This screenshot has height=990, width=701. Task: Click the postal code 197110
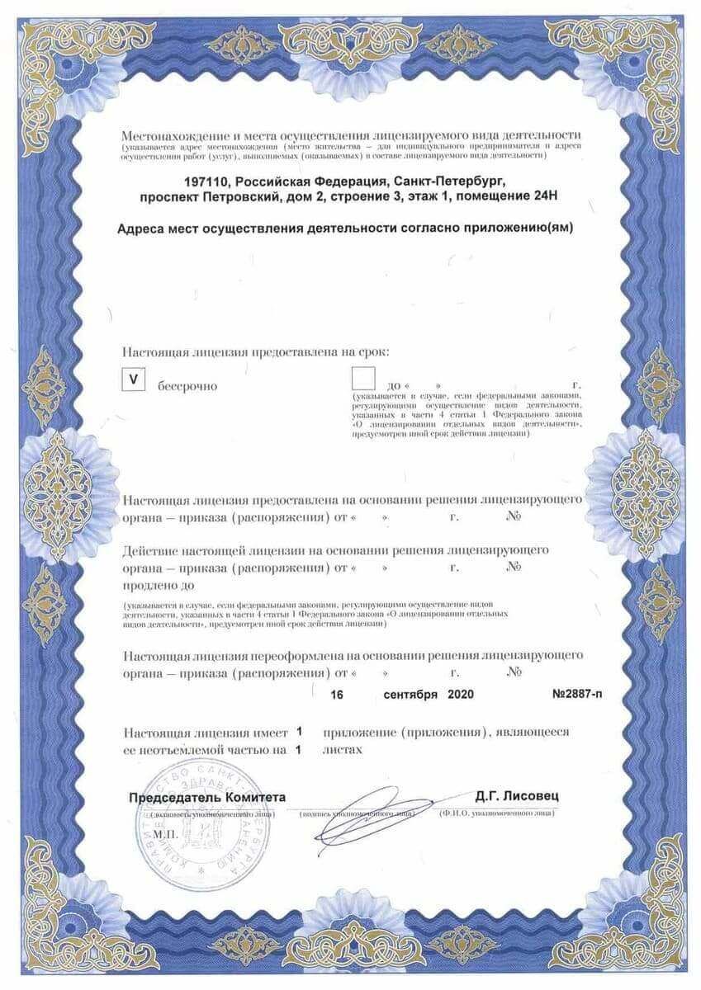(206, 179)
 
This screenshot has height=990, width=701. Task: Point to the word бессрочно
(182, 386)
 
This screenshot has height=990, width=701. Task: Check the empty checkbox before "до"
(362, 379)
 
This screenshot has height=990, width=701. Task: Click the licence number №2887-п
(577, 695)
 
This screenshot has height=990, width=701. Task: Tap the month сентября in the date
(410, 695)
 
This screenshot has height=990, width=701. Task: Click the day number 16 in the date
(337, 695)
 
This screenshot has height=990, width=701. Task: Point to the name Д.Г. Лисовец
(518, 796)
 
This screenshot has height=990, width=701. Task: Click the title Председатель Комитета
(207, 797)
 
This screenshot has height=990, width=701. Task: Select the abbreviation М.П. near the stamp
(166, 834)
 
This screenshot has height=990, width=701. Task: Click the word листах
(343, 750)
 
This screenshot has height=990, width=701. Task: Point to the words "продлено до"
(158, 585)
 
